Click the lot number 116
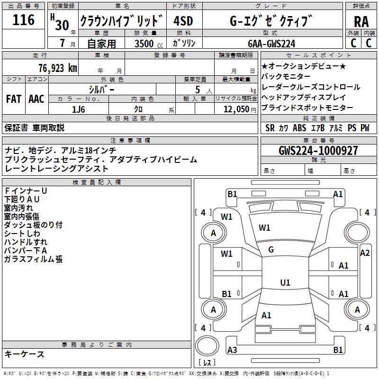24,20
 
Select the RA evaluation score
361,21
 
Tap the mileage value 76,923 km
57,68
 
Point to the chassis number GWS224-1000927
318,151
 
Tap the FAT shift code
13,99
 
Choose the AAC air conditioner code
36,99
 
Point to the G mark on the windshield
271,250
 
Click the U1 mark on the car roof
285,283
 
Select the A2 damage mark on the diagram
365,253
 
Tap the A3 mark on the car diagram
232,350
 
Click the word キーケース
24,354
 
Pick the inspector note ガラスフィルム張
33,259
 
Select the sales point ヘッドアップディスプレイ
304,97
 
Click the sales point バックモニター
286,76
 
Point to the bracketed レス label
207,363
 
